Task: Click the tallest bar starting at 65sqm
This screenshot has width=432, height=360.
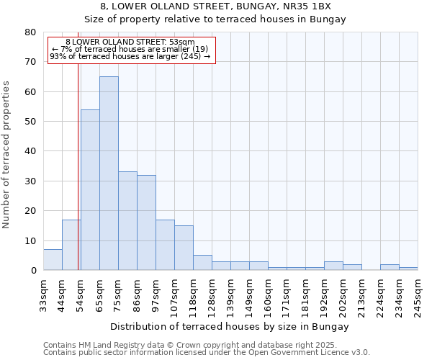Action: (x=109, y=173)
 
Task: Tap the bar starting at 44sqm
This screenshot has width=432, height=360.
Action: (x=71, y=245)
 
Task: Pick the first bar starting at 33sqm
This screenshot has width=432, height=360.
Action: (x=53, y=260)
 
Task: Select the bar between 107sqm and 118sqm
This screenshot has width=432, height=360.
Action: (x=184, y=248)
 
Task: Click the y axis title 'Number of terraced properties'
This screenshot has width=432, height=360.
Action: (x=6, y=154)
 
